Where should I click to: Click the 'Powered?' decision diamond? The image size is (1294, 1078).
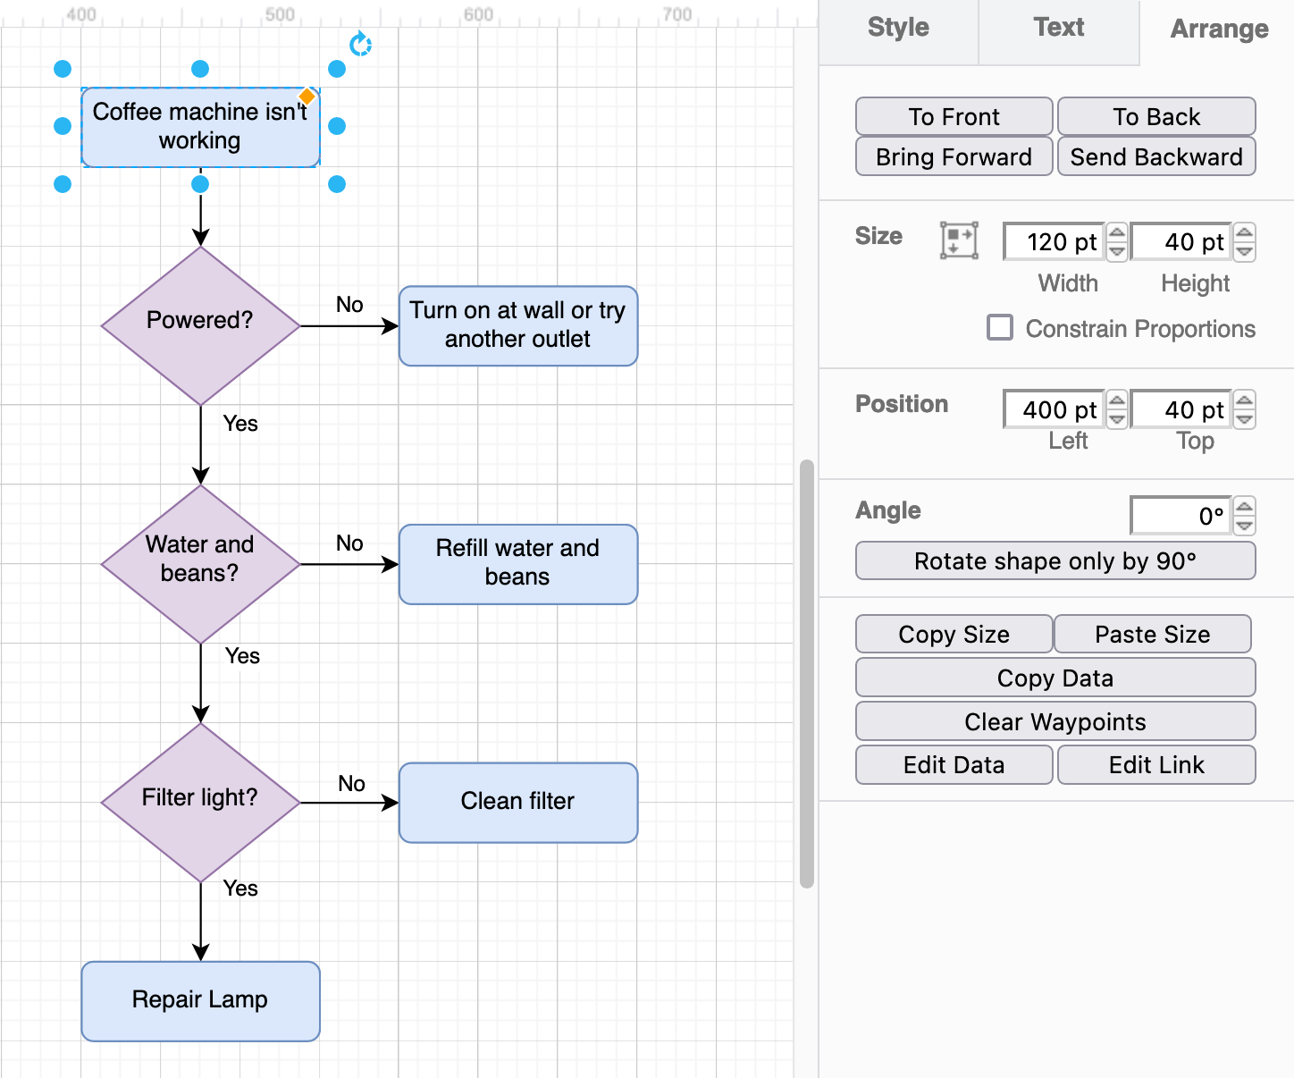tap(200, 325)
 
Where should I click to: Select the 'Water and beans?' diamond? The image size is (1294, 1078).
tap(200, 563)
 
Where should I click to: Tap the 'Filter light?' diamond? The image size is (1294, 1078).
tap(200, 802)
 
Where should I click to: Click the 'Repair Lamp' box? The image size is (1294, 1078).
tap(200, 1000)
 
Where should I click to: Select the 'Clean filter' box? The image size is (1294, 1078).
tap(517, 802)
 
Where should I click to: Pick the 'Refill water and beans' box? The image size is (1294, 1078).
tap(517, 563)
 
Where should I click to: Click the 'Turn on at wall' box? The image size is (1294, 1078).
tap(517, 325)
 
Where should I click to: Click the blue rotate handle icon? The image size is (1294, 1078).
tap(360, 44)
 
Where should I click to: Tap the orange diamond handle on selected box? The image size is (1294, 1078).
tap(307, 97)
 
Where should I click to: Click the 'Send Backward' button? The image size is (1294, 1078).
tap(1155, 156)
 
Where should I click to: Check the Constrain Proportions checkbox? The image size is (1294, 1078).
tap(1000, 327)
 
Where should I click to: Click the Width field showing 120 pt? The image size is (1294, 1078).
tap(1054, 242)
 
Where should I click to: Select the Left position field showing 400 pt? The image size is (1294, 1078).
tap(1054, 409)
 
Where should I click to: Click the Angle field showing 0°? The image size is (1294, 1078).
tap(1181, 516)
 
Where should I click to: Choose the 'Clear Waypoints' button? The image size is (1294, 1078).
tap(1055, 721)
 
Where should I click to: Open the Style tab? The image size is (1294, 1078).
tap(898, 29)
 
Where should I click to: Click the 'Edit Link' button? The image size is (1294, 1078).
tap(1155, 765)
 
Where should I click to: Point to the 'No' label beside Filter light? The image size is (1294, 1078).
tap(351, 784)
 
